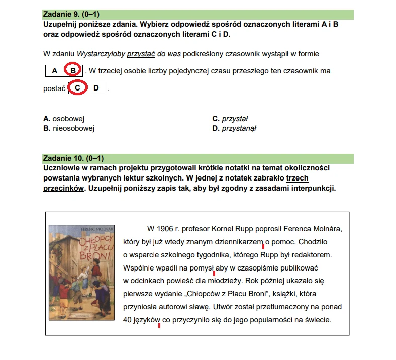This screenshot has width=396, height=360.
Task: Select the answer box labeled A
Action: tap(54, 71)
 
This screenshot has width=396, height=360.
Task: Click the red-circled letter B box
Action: tap(73, 71)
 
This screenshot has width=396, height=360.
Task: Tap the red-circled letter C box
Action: tap(77, 88)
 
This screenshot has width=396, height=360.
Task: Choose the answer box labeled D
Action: tap(96, 88)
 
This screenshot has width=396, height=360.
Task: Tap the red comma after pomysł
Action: tap(215, 273)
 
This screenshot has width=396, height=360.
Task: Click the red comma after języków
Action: tap(159, 325)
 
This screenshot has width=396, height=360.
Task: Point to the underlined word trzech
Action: tap(298, 178)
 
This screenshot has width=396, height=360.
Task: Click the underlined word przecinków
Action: tap(63, 189)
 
